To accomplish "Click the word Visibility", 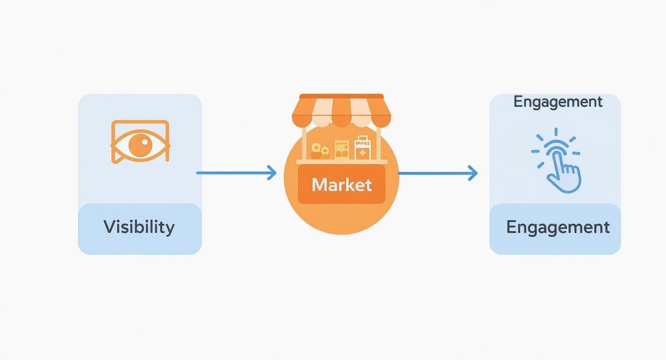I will tap(139, 226).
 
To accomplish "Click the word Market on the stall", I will tap(342, 185).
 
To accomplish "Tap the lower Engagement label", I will tap(558, 226).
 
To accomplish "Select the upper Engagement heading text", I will tap(558, 102).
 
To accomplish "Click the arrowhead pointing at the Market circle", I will tap(272, 173).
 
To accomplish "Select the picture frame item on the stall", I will tap(342, 149).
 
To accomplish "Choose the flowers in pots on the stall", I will tap(320, 151).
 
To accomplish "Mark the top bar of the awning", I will tap(341, 96).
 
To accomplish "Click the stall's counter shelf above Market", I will tap(342, 162).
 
